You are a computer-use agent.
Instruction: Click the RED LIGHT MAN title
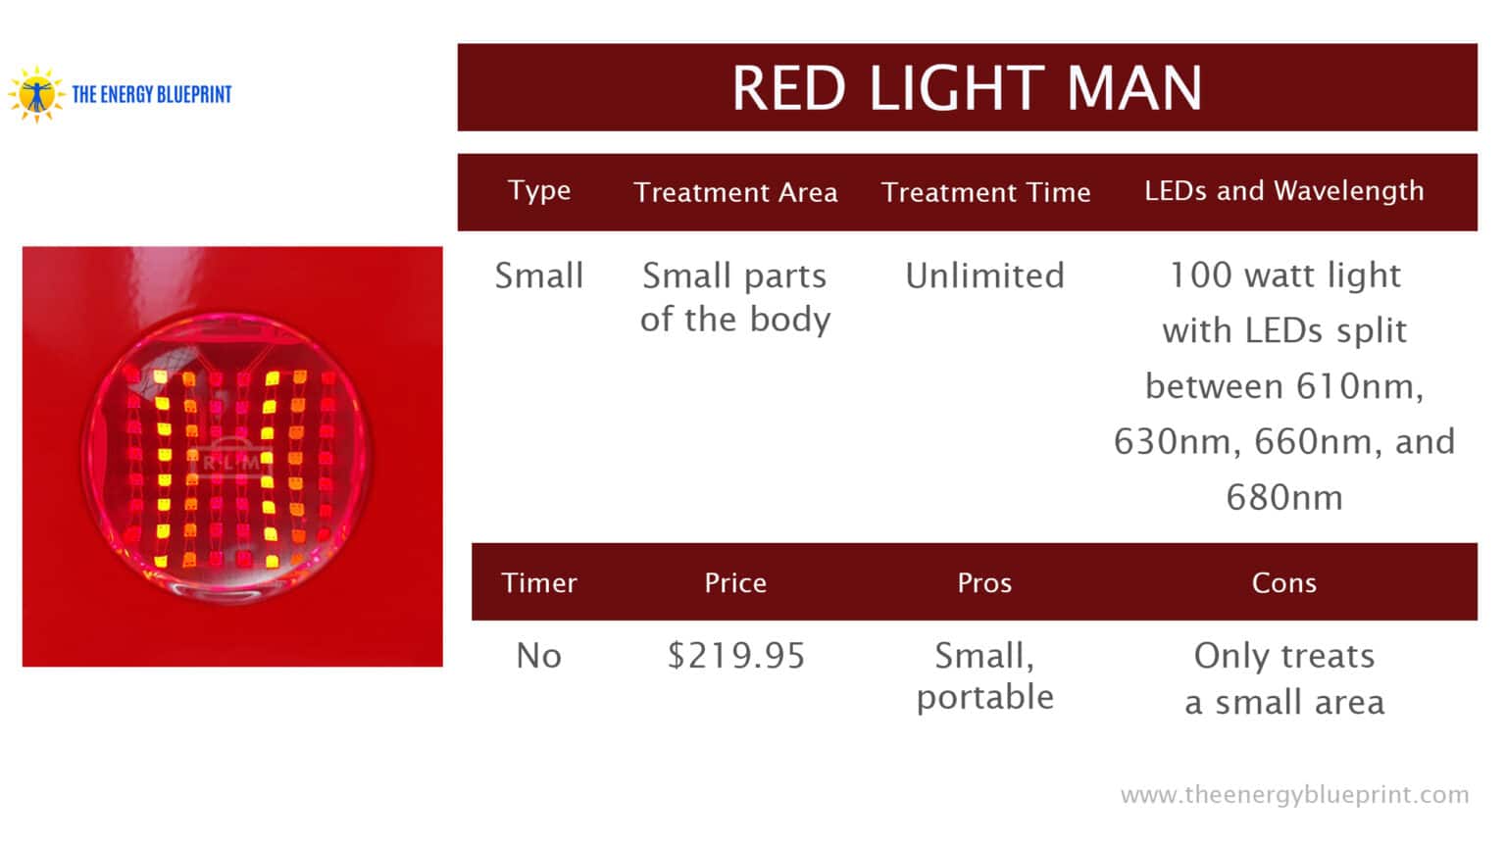(x=967, y=88)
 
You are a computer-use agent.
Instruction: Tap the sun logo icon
(x=36, y=94)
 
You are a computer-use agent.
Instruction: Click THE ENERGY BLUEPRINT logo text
(x=152, y=95)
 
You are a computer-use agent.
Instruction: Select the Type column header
(x=539, y=190)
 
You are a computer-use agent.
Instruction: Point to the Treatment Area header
(x=735, y=192)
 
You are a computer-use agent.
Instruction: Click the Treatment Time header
(x=985, y=192)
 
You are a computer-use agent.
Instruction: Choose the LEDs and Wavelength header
(x=1283, y=190)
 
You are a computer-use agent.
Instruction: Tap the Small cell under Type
(x=539, y=275)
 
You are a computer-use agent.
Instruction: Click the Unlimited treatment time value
(x=984, y=275)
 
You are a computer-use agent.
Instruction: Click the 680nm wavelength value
(x=1283, y=498)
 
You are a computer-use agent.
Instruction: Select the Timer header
(x=539, y=582)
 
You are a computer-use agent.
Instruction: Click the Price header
(x=735, y=582)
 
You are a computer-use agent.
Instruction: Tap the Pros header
(x=984, y=582)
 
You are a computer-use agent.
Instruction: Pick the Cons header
(x=1283, y=582)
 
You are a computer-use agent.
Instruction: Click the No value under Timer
(x=539, y=655)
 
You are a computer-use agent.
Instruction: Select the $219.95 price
(x=735, y=655)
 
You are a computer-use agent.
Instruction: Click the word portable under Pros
(x=984, y=697)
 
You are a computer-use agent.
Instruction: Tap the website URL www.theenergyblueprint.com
(x=1294, y=794)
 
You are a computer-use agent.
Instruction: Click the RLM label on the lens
(x=231, y=462)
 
